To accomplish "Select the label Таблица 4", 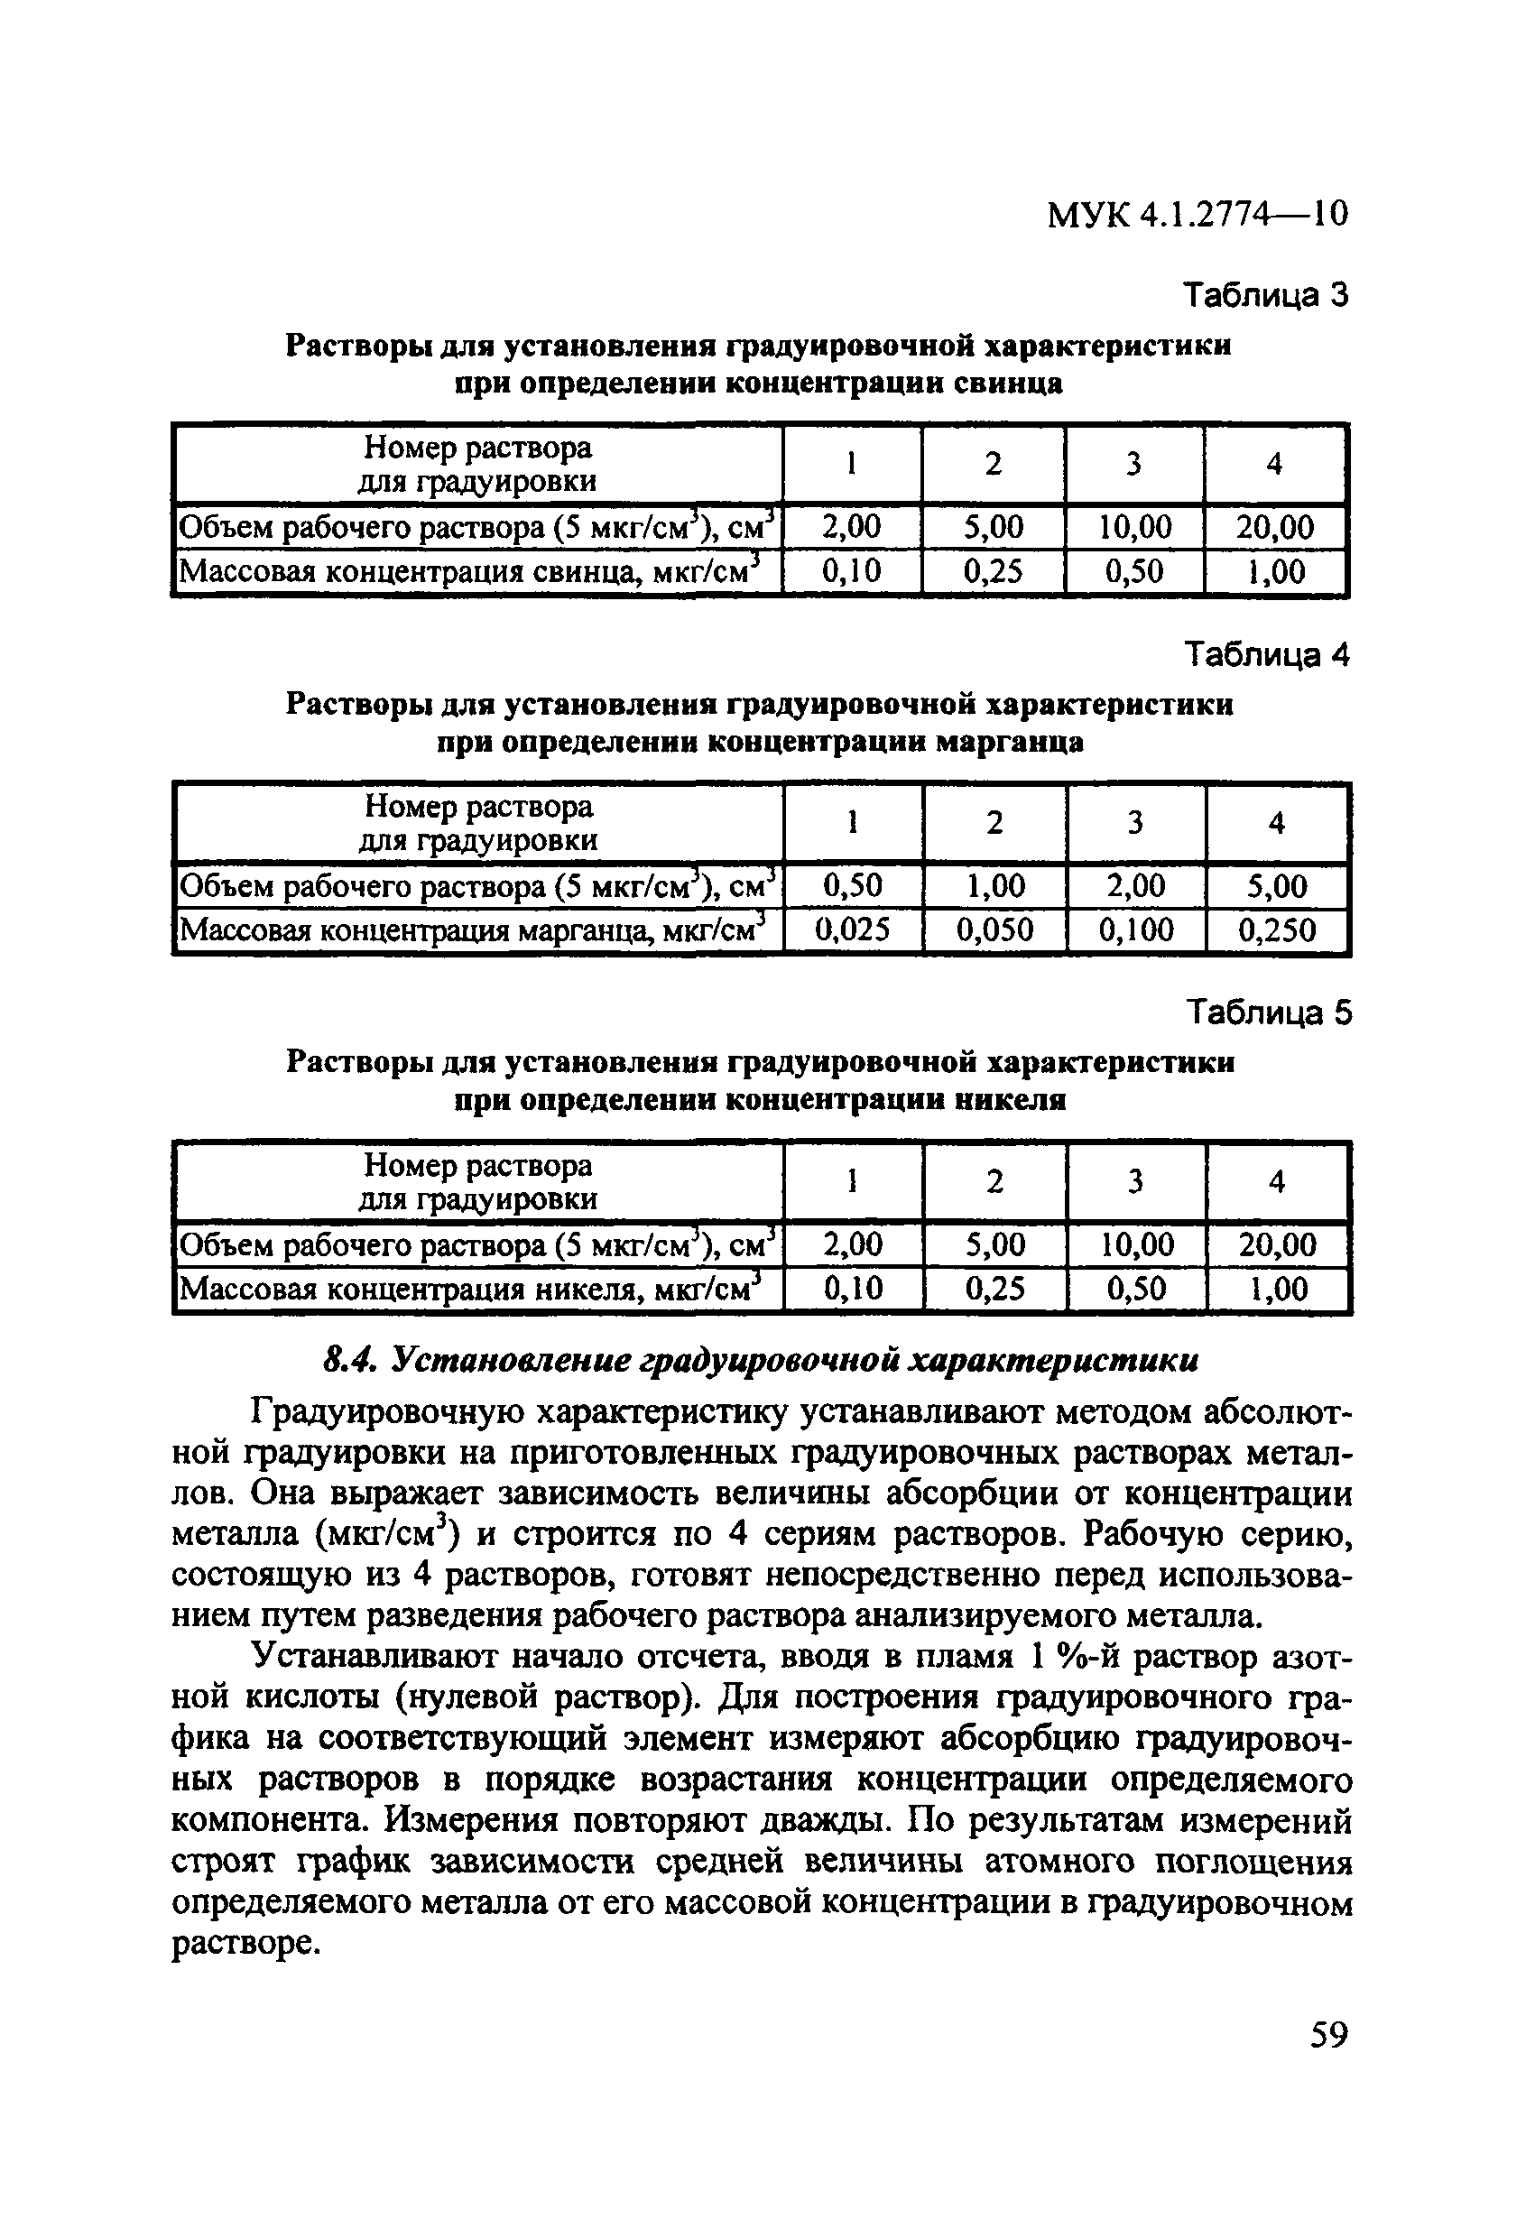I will click(1267, 655).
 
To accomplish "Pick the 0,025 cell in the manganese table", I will click(852, 929).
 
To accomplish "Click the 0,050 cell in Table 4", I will click(994, 929).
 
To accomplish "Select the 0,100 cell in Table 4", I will click(1136, 929).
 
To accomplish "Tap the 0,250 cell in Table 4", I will click(1277, 929).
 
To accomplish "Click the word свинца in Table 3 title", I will click(1008, 384).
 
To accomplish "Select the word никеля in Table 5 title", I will click(1010, 1100).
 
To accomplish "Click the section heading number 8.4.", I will click(343, 1360).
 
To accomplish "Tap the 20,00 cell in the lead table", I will click(1275, 527).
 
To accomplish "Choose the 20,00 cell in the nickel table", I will click(1277, 1244).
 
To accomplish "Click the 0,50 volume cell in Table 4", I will click(852, 885).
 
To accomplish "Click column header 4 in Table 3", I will click(1274, 464).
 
